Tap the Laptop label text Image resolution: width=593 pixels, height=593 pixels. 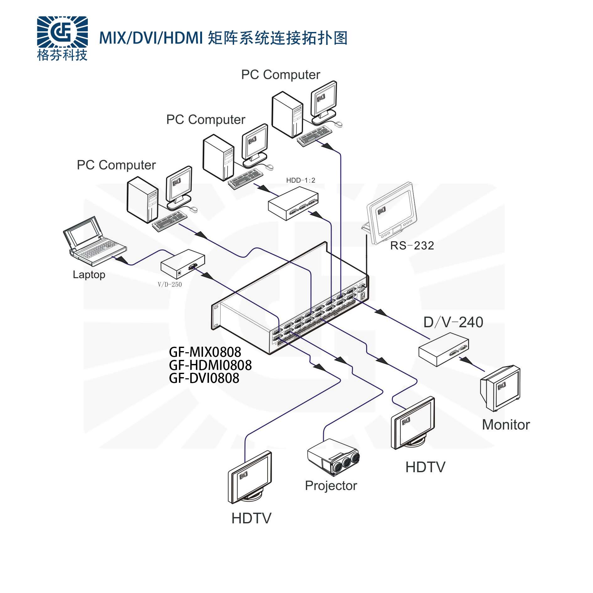(89, 275)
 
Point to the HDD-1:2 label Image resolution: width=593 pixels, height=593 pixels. (300, 180)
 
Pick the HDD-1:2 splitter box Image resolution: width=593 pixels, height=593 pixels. (293, 203)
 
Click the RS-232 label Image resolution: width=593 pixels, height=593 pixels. (412, 245)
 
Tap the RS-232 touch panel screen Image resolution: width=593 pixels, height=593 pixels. (392, 213)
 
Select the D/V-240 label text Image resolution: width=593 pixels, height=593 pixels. (453, 322)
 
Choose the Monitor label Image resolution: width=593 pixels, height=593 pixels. (506, 425)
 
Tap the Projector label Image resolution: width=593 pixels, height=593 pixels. (331, 486)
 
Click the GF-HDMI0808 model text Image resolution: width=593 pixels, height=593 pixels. (210, 365)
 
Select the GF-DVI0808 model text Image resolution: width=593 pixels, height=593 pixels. (204, 378)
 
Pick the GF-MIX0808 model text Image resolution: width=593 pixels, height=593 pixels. (205, 352)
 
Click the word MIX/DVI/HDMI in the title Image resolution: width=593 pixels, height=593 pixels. (151, 38)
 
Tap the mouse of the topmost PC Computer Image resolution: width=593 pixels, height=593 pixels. (339, 124)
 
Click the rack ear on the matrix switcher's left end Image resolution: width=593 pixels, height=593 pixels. (215, 317)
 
